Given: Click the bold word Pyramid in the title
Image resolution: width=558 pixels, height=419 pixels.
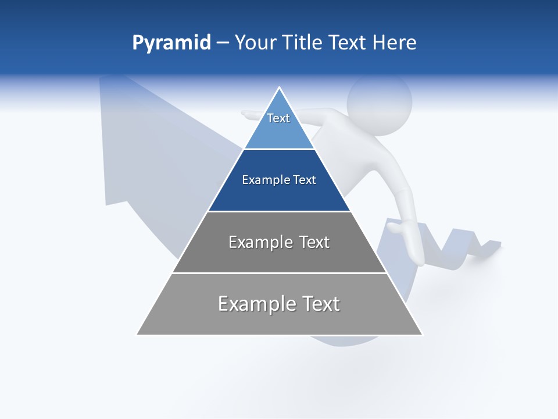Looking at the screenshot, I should point(171,43).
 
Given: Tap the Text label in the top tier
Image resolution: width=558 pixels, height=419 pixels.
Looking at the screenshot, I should point(278,118).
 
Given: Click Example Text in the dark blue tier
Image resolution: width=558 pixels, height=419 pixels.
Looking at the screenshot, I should point(279,180).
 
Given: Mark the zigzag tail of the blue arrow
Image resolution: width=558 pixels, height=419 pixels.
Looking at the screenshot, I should point(465,244).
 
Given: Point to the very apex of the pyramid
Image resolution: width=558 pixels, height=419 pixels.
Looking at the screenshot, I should point(280,88).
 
